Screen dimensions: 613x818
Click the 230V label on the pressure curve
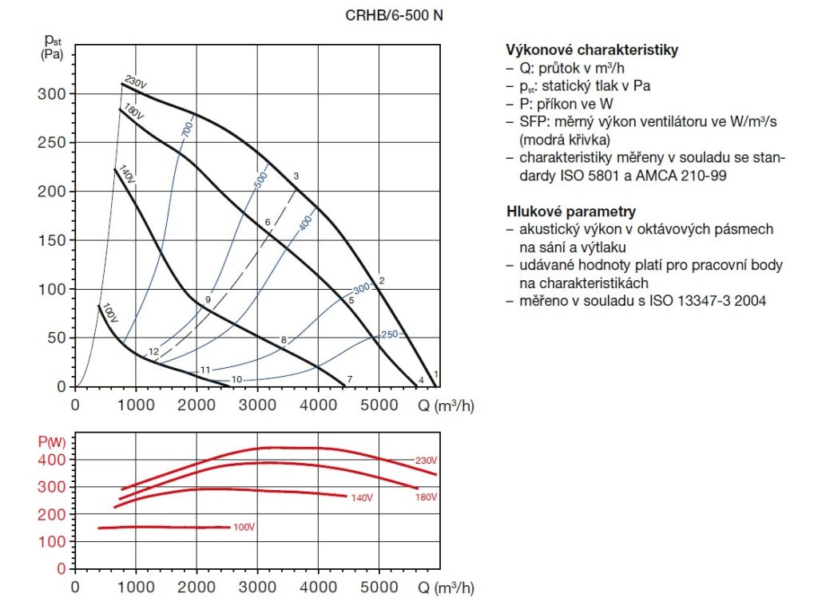tap(137, 83)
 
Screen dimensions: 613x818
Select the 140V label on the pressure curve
tap(127, 174)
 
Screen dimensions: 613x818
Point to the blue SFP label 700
tap(188, 127)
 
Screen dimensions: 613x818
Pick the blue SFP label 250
tap(389, 334)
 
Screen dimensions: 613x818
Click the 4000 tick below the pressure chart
tap(318, 404)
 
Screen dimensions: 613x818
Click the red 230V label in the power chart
tap(426, 461)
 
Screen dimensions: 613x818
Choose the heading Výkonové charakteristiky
tap(592, 49)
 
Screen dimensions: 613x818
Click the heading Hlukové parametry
tap(571, 212)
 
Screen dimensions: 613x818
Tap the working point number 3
tap(296, 176)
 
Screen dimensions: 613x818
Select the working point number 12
tap(153, 352)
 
